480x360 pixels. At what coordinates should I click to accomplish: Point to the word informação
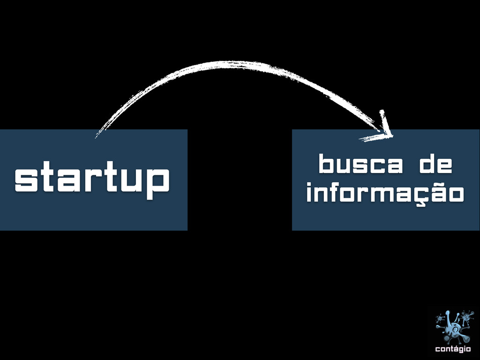[x=385, y=194]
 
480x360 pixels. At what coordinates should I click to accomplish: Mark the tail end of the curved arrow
[x=97, y=136]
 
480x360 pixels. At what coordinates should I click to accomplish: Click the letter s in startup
[x=23, y=181]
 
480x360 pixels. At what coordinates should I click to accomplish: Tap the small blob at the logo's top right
[x=466, y=317]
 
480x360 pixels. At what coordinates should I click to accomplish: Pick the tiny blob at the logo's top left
[x=440, y=319]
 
